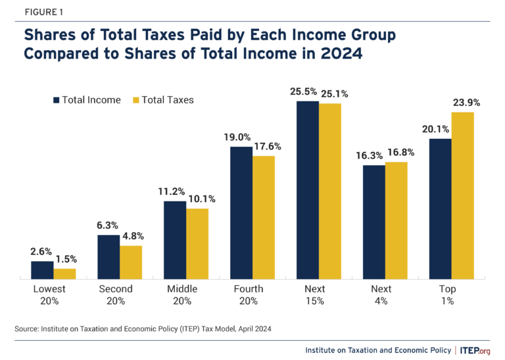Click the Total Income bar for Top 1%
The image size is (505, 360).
(x=440, y=209)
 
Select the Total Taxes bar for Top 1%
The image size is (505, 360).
(x=462, y=195)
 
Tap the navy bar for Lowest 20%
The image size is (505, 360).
(x=42, y=270)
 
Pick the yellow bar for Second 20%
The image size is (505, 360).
(x=131, y=262)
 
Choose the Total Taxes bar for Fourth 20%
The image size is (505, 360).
(x=263, y=217)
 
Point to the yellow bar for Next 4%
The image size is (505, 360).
(x=396, y=220)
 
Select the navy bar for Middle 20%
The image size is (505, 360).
(x=175, y=240)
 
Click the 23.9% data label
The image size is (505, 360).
(x=465, y=103)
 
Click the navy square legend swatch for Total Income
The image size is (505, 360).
(x=57, y=100)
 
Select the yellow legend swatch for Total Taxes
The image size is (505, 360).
(x=137, y=100)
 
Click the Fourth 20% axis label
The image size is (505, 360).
(x=249, y=294)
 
